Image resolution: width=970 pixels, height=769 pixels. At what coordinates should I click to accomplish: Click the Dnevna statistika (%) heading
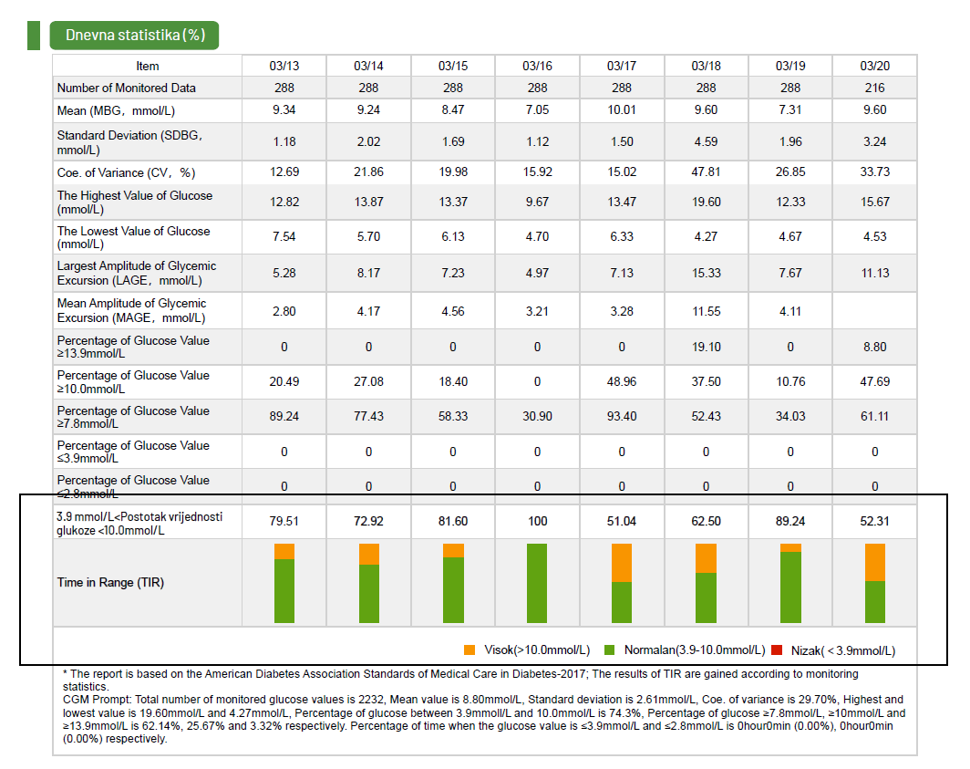(134, 35)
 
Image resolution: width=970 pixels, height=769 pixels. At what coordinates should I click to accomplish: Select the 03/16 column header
(537, 66)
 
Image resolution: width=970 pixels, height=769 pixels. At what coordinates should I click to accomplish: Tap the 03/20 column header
(874, 66)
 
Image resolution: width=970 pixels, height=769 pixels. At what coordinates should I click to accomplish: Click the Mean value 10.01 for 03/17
(621, 110)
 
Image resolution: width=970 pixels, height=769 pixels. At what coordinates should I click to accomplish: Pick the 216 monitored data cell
(874, 88)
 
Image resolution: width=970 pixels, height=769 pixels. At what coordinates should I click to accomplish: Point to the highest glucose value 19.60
(706, 202)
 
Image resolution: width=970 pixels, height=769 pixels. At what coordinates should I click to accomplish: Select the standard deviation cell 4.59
(706, 141)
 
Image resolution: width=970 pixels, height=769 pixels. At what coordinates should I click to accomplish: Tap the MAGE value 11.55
(706, 311)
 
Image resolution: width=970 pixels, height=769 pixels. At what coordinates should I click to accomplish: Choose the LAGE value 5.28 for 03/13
(284, 273)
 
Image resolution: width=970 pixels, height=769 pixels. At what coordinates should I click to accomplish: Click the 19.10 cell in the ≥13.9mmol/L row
(706, 347)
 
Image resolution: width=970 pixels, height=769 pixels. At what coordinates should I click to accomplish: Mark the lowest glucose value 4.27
(706, 237)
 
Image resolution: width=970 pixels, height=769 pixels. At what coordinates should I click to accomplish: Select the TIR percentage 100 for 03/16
(537, 521)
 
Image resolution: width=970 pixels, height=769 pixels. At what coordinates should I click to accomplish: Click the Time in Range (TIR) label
(110, 583)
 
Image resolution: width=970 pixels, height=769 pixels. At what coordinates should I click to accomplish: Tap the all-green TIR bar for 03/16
(537, 584)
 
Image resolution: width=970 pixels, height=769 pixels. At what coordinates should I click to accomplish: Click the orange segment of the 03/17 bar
(621, 563)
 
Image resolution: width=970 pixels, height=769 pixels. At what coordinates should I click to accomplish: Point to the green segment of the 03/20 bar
(874, 602)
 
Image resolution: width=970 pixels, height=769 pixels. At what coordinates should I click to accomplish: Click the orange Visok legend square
(470, 650)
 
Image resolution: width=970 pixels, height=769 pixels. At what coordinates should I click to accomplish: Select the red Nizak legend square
(777, 650)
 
